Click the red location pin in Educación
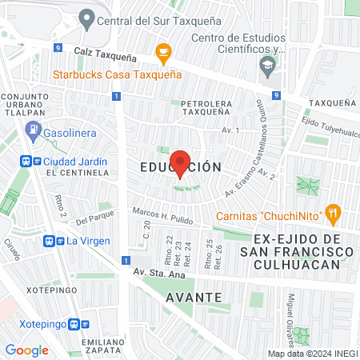pyautogui.click(x=180, y=163)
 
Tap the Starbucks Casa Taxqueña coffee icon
pyautogui.click(x=164, y=54)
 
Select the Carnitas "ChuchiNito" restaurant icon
pyautogui.click(x=334, y=214)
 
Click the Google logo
pyautogui.click(x=26, y=350)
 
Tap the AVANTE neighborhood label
pyautogui.click(x=194, y=297)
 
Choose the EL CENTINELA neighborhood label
pyautogui.click(x=76, y=172)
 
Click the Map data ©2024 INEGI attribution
pyautogui.click(x=312, y=354)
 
